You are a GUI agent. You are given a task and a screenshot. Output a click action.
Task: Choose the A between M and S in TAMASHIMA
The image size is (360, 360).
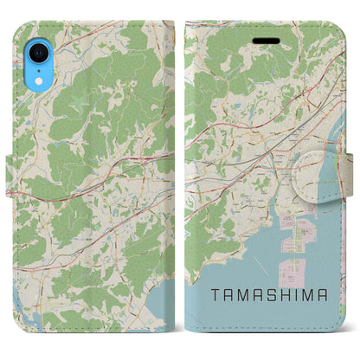pyautogui.click(x=259, y=295)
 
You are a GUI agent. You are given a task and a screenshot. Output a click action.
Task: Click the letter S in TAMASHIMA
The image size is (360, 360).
pyautogui.click(x=273, y=295)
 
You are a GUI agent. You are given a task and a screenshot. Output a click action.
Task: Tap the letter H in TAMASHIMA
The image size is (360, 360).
pyautogui.click(x=286, y=295)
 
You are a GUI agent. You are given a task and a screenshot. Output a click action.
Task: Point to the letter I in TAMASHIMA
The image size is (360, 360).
pyautogui.click(x=298, y=295)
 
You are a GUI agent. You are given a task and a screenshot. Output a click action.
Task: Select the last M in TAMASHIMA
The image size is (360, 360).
pyautogui.click(x=310, y=295)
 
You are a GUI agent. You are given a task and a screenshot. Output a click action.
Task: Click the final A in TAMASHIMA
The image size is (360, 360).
pyautogui.click(x=325, y=295)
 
